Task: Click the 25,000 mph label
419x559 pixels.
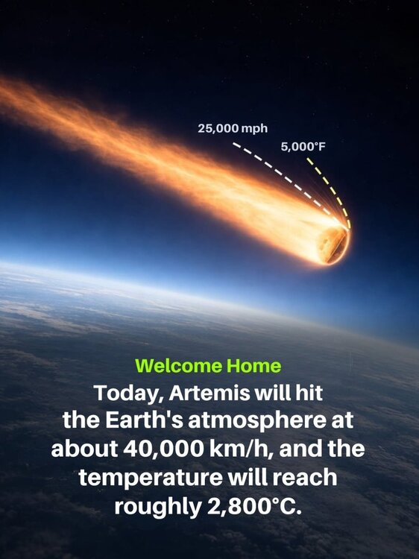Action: point(233,128)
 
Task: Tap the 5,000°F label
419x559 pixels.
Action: point(303,147)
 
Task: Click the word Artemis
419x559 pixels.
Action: point(209,393)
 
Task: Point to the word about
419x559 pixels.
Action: point(84,449)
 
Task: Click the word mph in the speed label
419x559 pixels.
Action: point(254,129)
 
